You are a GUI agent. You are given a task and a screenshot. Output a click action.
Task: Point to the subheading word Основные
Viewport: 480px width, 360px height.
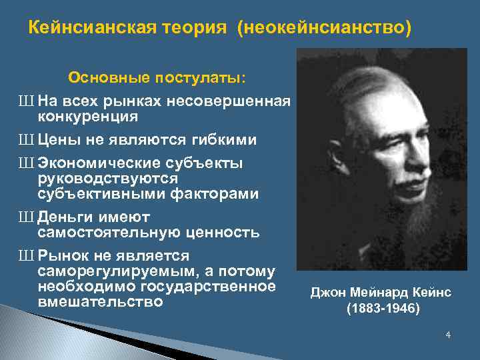click(x=107, y=78)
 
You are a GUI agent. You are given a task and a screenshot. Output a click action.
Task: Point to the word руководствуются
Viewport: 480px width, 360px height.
click(x=107, y=179)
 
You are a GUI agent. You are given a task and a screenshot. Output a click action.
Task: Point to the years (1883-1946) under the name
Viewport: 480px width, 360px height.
click(x=383, y=309)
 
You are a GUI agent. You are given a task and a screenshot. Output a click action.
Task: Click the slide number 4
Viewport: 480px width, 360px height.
click(x=448, y=335)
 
